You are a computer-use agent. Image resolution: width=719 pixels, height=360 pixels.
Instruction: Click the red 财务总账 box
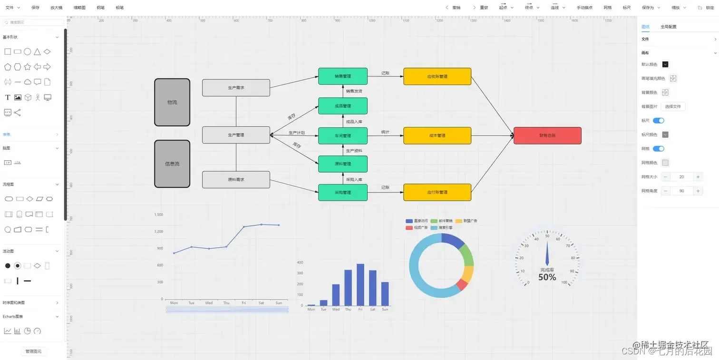coord(547,136)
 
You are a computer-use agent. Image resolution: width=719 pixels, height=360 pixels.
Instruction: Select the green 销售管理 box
coord(343,76)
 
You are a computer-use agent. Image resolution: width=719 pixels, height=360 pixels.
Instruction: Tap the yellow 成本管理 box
coord(437,136)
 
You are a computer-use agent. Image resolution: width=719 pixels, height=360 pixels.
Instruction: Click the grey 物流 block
coord(172,102)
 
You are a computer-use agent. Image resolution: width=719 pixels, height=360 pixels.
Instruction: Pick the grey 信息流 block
coord(172,164)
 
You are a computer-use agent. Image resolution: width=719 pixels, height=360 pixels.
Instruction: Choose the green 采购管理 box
coord(343,192)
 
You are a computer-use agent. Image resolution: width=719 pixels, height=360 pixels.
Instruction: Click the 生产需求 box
coord(236,88)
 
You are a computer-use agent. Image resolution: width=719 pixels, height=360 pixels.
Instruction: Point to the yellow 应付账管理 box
coord(437,192)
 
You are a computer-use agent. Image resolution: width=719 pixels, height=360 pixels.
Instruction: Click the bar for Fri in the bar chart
coord(360,285)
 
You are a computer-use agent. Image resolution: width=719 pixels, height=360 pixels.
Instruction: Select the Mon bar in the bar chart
coord(311,305)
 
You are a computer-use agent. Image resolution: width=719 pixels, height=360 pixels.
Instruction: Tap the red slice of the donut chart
coord(461,285)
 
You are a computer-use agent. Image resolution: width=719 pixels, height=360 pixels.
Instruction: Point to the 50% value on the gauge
coord(547,277)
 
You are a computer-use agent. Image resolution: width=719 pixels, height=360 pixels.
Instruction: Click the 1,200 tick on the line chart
coord(158,232)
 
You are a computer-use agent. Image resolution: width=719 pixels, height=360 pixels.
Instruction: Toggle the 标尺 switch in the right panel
coord(658,121)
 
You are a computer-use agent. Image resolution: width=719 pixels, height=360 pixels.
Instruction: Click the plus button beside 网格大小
coord(698,177)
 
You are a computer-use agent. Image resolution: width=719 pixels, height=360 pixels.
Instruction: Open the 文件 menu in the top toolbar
coord(12,8)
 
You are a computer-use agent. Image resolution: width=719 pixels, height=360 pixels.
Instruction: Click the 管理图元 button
coord(33,351)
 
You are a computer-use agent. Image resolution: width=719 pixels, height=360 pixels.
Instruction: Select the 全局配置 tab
coord(668,27)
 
